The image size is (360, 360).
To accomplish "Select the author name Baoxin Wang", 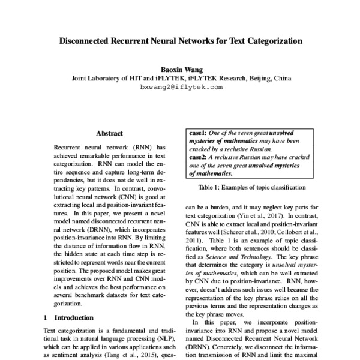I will (x=179, y=68).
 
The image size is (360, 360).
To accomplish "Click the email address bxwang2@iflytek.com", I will (x=181, y=87).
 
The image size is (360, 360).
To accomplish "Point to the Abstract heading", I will (x=109, y=133).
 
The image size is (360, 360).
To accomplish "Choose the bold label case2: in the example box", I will (x=199, y=157).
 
